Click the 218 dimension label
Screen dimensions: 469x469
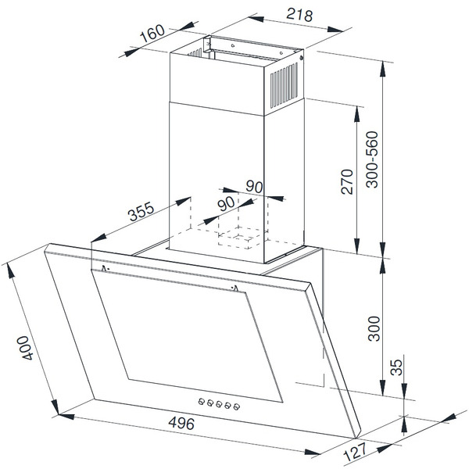click(299, 14)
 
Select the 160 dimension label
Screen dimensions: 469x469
click(152, 33)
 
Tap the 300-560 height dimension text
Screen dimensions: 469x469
click(372, 159)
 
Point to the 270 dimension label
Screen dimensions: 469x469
click(347, 182)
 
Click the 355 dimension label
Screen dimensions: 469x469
click(141, 211)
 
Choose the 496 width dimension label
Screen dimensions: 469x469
click(181, 423)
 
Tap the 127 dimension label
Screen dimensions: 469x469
click(356, 453)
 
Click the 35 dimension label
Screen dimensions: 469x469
click(397, 367)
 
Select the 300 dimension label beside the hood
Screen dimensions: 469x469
click(374, 328)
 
